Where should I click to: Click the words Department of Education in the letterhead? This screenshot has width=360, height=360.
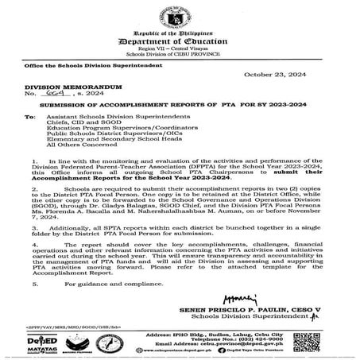pos(179,38)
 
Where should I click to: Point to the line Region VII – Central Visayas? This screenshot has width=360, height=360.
pos(179,48)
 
